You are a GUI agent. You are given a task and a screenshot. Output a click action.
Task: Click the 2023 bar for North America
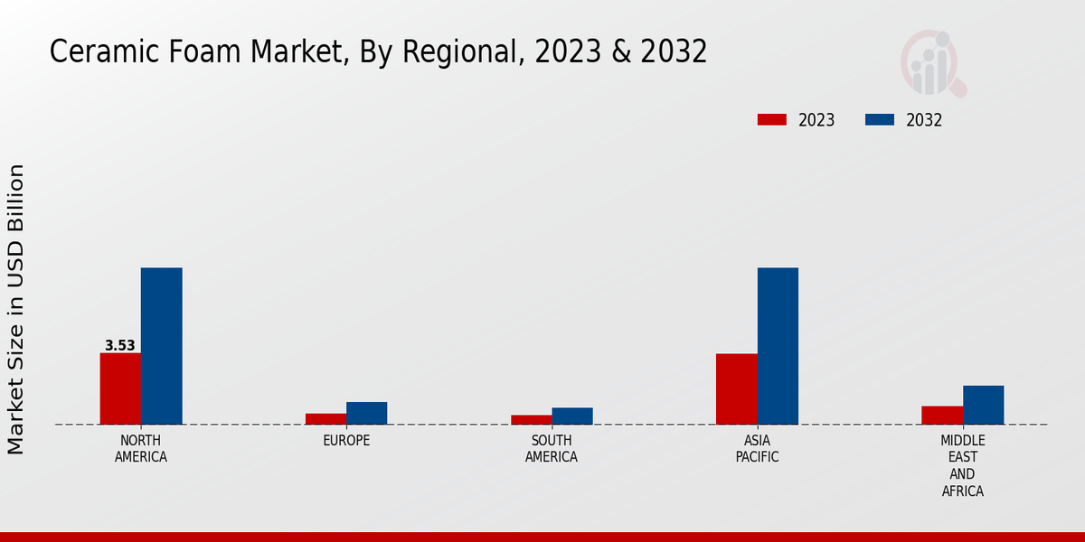pyautogui.click(x=120, y=388)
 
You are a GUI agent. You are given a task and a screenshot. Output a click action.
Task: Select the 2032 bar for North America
pyautogui.click(x=162, y=346)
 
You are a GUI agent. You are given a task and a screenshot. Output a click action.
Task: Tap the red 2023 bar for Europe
pyautogui.click(x=325, y=419)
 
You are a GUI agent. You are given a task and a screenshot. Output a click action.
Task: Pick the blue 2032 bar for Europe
pyautogui.click(x=367, y=413)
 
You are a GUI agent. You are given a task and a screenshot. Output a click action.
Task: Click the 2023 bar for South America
pyautogui.click(x=531, y=420)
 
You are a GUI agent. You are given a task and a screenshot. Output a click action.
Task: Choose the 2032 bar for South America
pyautogui.click(x=572, y=416)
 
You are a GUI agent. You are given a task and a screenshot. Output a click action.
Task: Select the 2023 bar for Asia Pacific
pyautogui.click(x=736, y=388)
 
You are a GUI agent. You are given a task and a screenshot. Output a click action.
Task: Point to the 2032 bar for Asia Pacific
pyautogui.click(x=778, y=346)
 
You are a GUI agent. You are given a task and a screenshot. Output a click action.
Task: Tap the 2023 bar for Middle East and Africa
pyautogui.click(x=941, y=416)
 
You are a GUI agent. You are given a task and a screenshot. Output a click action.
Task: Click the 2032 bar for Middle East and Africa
pyautogui.click(x=983, y=405)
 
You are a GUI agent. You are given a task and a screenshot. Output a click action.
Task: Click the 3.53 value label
pyautogui.click(x=120, y=345)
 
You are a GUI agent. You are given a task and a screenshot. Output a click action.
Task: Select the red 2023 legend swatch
pyautogui.click(x=772, y=120)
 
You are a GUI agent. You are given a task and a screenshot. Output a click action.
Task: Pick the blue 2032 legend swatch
pyautogui.click(x=880, y=120)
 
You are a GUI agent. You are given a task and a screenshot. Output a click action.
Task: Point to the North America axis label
pyautogui.click(x=141, y=449)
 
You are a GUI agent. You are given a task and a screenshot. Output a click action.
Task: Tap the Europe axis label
pyautogui.click(x=346, y=441)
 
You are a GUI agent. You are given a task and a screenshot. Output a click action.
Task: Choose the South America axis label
pyautogui.click(x=552, y=449)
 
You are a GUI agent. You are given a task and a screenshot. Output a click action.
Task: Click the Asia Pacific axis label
pyautogui.click(x=757, y=449)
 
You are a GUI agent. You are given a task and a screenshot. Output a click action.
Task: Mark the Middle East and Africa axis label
pyautogui.click(x=962, y=466)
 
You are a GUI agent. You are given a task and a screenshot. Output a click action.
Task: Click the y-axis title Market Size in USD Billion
pyautogui.click(x=16, y=309)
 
